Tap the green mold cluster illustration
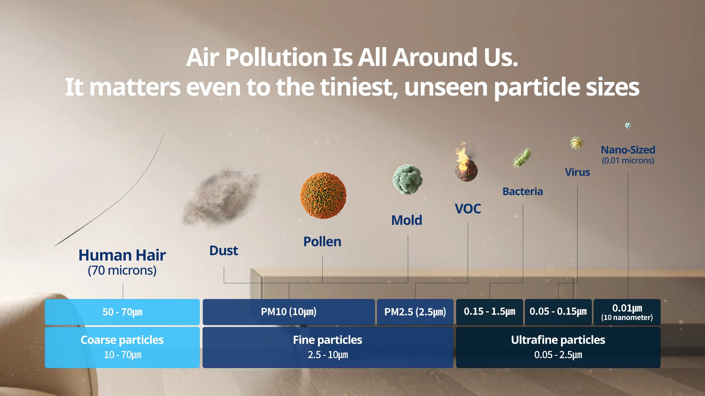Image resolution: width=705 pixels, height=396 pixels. pos(407,179)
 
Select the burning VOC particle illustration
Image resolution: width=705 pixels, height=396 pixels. pos(466,163)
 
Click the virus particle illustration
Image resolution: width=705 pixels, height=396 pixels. pos(577,143)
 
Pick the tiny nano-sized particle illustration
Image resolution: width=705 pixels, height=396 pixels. pos(628,125)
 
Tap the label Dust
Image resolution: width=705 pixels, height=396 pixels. pos(223,250)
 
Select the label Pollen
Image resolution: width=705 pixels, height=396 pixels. pos(322,242)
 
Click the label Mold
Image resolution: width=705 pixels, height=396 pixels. pos(407,220)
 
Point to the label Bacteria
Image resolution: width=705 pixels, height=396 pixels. pos(523,191)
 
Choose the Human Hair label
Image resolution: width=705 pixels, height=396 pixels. pos(122,255)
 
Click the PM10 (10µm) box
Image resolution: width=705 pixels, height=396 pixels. pos(289,312)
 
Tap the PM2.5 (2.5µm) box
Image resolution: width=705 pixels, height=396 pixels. pos(415,312)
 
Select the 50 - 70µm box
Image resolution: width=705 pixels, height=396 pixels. pos(122,312)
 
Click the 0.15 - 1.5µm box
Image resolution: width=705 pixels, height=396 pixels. pos(490,312)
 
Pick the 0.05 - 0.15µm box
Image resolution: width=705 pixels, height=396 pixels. pos(558,312)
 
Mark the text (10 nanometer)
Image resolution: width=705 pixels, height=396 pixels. pos(627,318)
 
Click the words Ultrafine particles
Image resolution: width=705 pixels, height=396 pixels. pos(558,340)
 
